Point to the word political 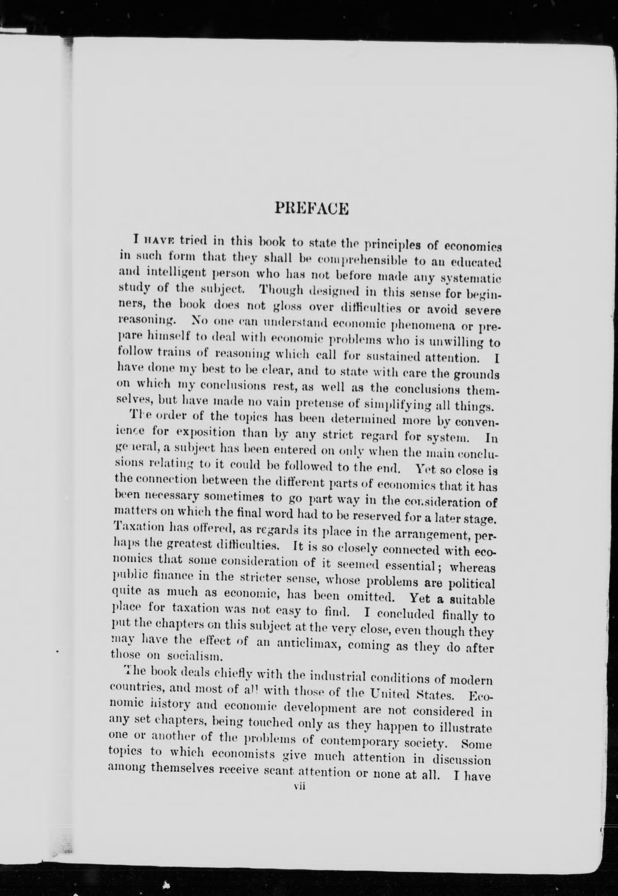coord(471,583)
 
